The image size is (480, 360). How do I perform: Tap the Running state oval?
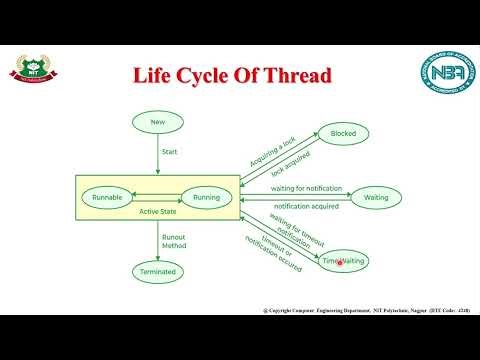click(207, 198)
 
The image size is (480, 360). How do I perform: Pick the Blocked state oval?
click(343, 133)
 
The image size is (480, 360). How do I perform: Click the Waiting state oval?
click(376, 198)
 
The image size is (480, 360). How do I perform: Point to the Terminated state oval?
click(158, 271)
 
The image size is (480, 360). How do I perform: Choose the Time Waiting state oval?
click(343, 261)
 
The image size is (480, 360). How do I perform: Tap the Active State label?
click(157, 212)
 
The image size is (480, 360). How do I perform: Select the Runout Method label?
click(174, 241)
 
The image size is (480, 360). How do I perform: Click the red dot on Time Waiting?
click(341, 263)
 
